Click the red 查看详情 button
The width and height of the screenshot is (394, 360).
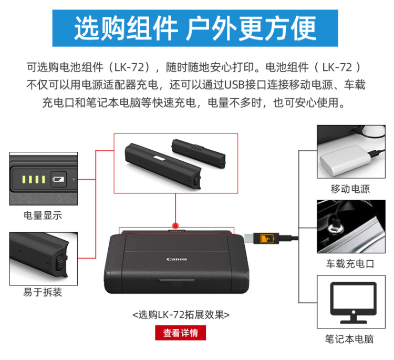tap(180, 333)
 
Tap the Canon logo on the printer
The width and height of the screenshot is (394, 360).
tap(177, 259)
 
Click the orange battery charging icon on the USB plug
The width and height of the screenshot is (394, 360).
tap(266, 238)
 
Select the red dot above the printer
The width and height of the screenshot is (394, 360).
tap(175, 225)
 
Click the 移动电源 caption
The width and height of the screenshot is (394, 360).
tap(350, 189)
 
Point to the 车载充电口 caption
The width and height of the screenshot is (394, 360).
tap(350, 264)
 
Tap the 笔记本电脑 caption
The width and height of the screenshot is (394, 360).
tap(349, 339)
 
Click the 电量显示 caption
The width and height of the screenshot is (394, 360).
tap(43, 215)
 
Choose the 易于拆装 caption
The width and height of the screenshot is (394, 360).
tap(43, 292)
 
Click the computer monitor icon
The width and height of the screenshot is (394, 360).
tap(353, 303)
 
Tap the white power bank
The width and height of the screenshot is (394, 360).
tap(345, 161)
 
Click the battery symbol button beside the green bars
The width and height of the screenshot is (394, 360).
tap(58, 179)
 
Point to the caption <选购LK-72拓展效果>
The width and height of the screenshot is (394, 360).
tap(181, 314)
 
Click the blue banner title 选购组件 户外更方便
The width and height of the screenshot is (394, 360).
tap(195, 28)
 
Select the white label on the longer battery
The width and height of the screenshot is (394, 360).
tap(159, 158)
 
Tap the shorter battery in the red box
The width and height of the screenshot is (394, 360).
tap(199, 153)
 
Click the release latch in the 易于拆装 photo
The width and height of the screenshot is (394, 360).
tap(61, 262)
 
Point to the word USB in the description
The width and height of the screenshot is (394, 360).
tap(234, 85)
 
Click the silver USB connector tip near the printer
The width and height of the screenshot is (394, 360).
tap(249, 238)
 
